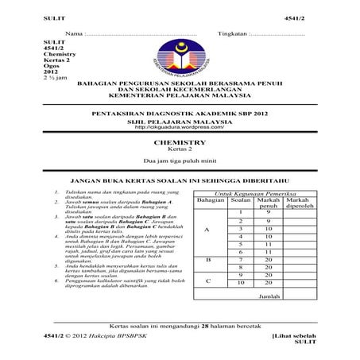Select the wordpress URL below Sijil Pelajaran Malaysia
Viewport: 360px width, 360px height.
coord(179,126)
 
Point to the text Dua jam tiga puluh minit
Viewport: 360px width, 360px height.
coord(179,161)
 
